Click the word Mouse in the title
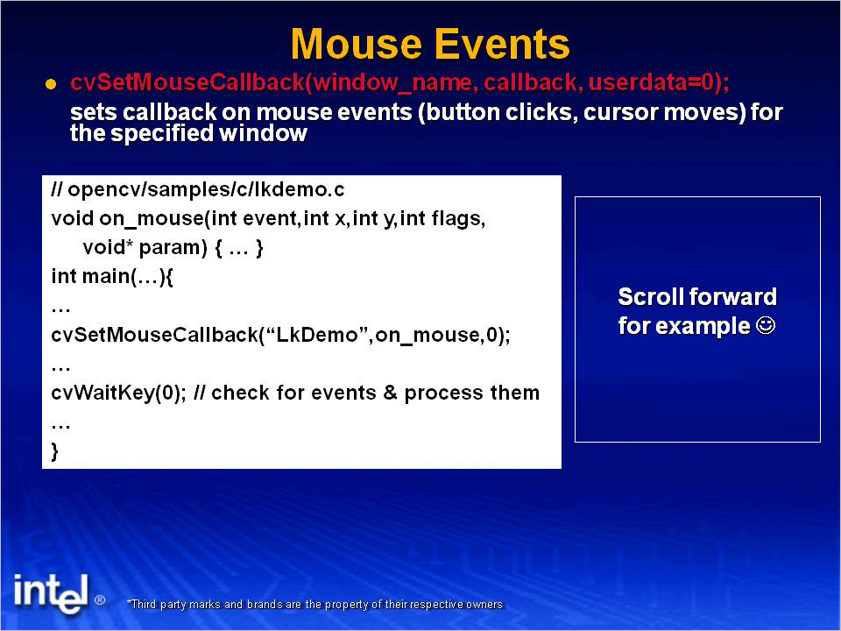click(x=357, y=44)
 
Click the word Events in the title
click(x=501, y=44)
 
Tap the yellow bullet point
click(x=51, y=84)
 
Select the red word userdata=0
click(x=652, y=82)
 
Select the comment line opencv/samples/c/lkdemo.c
click(x=198, y=189)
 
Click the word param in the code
click(x=173, y=248)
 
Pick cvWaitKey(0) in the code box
click(x=118, y=393)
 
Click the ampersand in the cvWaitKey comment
click(x=390, y=393)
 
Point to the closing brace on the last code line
click(x=54, y=451)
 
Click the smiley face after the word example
click(x=766, y=325)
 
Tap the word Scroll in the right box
click(x=650, y=297)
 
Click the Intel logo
click(x=52, y=593)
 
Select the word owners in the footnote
click(x=484, y=604)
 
